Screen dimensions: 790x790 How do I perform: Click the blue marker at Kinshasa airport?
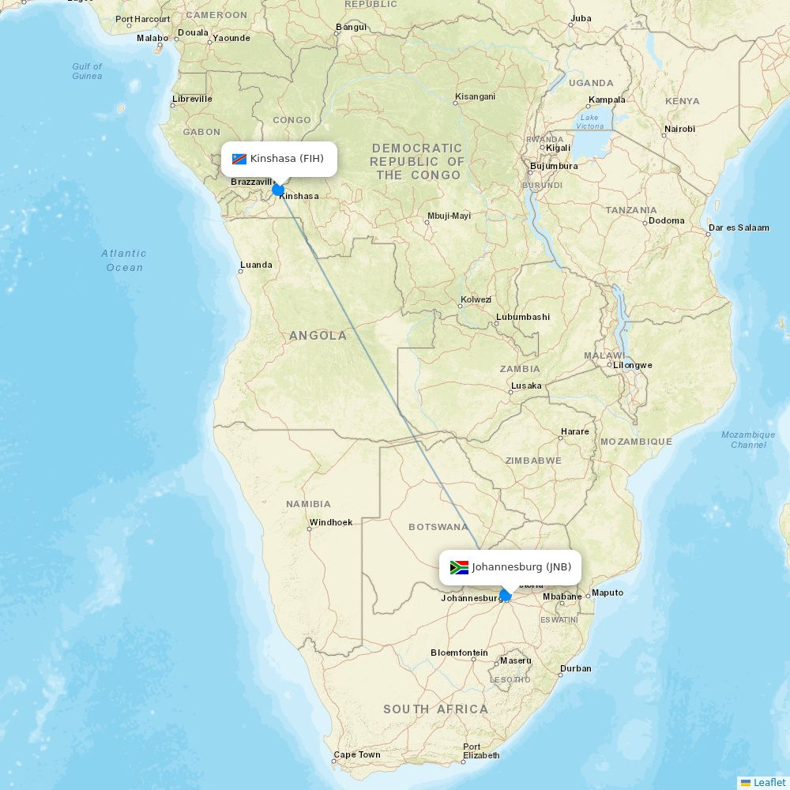coord(278,190)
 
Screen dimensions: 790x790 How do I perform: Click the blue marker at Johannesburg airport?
coord(506,595)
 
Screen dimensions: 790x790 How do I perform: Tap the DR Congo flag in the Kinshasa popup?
coord(239,159)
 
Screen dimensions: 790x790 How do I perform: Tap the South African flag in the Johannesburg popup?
coord(459,567)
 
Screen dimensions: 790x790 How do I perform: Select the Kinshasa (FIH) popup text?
coord(287,159)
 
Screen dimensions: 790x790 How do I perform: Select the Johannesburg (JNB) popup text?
coord(521,567)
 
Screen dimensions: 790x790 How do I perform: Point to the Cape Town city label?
coord(357,754)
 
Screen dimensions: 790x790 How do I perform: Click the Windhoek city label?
coord(331,522)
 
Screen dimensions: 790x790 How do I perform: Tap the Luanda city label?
coord(256,265)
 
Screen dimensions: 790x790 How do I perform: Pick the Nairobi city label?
coord(679,129)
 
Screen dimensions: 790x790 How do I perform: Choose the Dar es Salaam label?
coord(739,228)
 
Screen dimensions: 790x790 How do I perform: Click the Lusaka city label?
coord(526,386)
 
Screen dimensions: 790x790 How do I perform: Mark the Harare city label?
coord(574,431)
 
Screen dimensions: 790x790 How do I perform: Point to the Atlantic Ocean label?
coord(124,260)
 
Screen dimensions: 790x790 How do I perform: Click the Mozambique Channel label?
coord(748,439)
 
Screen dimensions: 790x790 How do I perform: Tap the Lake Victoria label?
coord(589,121)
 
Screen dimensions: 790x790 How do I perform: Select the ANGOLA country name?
coord(318,336)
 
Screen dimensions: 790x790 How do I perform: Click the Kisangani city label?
coord(475,97)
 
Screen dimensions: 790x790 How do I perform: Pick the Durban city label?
coord(575,668)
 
